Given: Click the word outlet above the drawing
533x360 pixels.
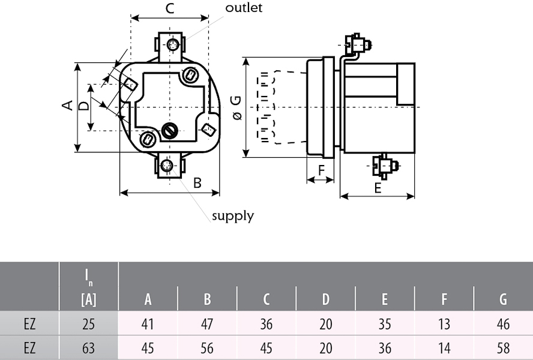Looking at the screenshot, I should (x=244, y=8).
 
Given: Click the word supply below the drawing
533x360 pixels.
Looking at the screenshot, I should (x=232, y=215).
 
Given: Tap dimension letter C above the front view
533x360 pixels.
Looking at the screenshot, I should (x=170, y=8).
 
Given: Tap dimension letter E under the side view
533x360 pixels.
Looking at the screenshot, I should (x=378, y=188).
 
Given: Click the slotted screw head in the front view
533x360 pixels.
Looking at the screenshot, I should (x=169, y=130).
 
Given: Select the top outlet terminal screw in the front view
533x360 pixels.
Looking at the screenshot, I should (x=173, y=45).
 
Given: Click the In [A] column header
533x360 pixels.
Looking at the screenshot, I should (x=88, y=287).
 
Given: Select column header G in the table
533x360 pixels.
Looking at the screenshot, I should (x=503, y=299).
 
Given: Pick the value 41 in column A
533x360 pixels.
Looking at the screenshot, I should (x=148, y=325).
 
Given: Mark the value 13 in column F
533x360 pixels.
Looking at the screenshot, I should (x=444, y=325).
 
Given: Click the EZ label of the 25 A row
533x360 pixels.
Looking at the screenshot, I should (x=29, y=325).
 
